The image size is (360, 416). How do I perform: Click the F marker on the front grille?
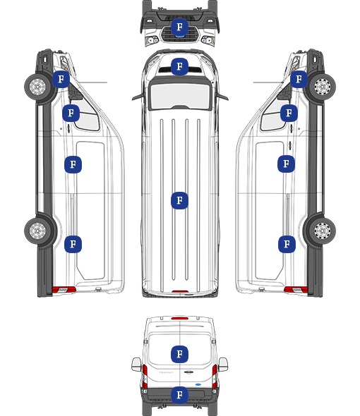coord(179,27)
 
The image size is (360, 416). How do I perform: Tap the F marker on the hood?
coord(179,66)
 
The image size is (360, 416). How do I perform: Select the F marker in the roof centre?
coord(179,200)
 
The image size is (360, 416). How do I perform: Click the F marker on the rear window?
coord(179,354)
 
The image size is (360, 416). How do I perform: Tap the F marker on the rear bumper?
coord(179,395)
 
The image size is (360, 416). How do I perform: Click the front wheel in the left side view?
coord(37,87)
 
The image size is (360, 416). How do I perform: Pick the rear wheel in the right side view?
coord(323,231)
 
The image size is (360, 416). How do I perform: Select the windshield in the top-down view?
coord(180,96)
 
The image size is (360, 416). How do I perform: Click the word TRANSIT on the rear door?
coord(166,372)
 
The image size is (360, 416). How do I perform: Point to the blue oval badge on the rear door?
coord(198,384)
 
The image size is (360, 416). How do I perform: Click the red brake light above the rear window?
coord(180,318)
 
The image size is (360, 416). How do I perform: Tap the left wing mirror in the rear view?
coord(136,365)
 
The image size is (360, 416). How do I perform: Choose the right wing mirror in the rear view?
coord(223,365)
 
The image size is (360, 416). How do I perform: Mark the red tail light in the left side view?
coord(64,290)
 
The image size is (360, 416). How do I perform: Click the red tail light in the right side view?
coord(296,290)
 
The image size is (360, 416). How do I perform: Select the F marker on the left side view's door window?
coord(71,113)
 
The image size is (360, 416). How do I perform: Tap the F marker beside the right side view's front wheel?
coord(299,79)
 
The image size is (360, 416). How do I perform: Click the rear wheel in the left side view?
coord(37,231)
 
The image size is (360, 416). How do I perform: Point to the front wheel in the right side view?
coord(323,87)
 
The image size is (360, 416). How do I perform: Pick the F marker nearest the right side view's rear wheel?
coord(287,244)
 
